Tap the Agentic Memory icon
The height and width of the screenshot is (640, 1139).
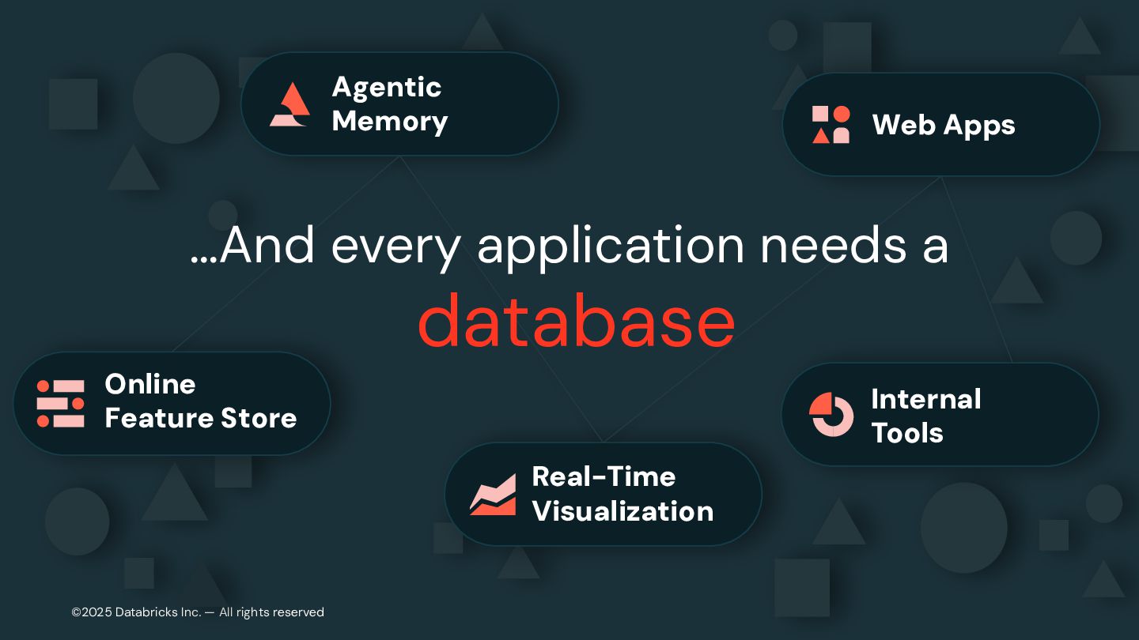click(289, 104)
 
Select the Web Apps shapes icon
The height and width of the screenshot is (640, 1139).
click(831, 125)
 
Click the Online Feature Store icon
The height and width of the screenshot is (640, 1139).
click(61, 403)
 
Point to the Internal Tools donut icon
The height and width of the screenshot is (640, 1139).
click(831, 414)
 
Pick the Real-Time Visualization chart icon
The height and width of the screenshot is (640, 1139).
click(492, 495)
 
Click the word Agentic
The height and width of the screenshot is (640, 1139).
click(386, 87)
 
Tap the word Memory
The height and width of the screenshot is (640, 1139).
click(389, 122)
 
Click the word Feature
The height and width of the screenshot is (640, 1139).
click(150, 418)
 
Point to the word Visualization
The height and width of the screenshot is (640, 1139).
click(622, 511)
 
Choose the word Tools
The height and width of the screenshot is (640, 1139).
click(906, 433)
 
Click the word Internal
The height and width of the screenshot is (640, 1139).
click(925, 399)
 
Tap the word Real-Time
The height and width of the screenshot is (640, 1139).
click(604, 476)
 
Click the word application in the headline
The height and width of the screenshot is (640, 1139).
click(611, 247)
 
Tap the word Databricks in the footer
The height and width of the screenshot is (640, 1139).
click(147, 612)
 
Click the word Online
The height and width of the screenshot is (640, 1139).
click(149, 384)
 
